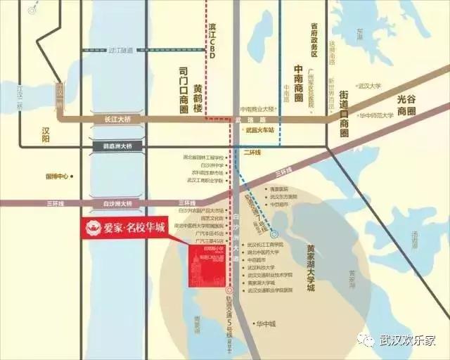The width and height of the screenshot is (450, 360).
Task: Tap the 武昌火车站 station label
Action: [259, 131]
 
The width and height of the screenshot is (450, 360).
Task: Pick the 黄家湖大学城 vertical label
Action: [311, 268]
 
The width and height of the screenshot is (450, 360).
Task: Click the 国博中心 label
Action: [56, 176]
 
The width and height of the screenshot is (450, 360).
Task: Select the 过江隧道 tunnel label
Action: [121, 50]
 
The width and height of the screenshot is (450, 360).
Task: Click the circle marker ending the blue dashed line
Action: [274, 233]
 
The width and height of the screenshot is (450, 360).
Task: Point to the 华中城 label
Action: [266, 324]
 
